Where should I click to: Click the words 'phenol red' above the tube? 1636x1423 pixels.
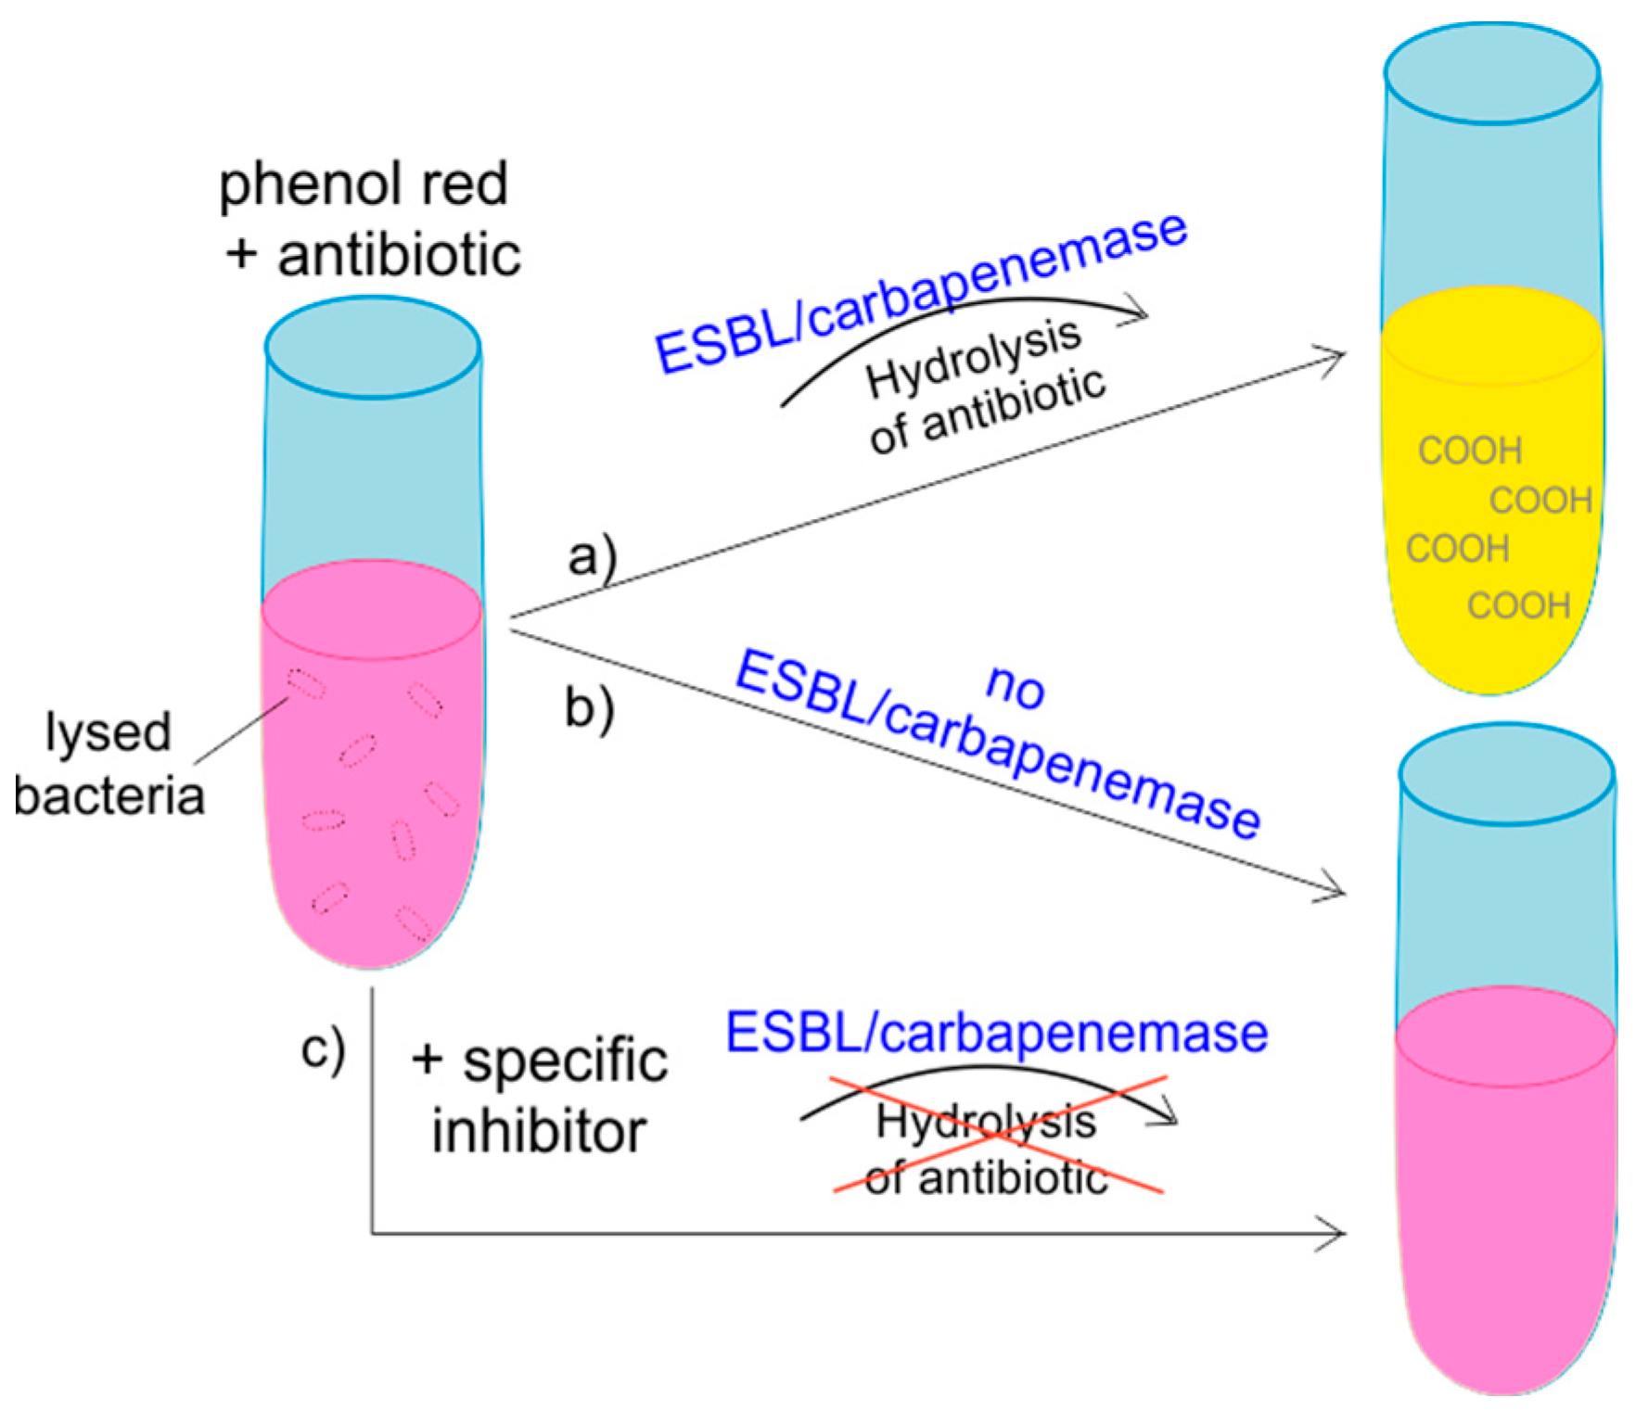(x=363, y=184)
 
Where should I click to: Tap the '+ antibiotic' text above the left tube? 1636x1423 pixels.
(x=373, y=255)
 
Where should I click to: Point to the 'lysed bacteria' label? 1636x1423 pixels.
(x=109, y=763)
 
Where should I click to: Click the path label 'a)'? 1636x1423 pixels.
(x=591, y=557)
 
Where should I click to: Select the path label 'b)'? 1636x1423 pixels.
(x=589, y=708)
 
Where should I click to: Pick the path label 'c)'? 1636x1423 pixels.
(x=323, y=1049)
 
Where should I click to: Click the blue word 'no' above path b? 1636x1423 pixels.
(x=1016, y=686)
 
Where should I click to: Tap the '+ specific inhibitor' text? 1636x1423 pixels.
(x=539, y=1096)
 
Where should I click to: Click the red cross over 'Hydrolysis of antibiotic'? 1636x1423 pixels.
(x=998, y=1135)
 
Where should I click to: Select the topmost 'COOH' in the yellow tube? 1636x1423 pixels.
(x=1469, y=451)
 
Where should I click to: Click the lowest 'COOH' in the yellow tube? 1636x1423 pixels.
(x=1517, y=605)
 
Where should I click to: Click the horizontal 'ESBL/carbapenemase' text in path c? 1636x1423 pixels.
(x=996, y=1032)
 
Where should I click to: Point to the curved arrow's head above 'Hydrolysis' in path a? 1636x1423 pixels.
(x=1137, y=311)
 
